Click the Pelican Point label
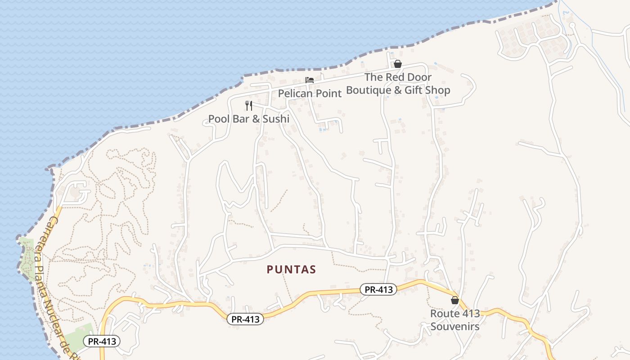[x=310, y=93]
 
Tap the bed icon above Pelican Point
[x=310, y=80]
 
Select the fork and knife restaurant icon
[x=248, y=106]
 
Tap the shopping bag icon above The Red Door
[x=397, y=64]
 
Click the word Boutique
[x=369, y=90]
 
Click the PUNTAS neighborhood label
[x=292, y=270]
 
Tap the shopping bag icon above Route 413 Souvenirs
[x=454, y=300]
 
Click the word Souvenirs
[x=454, y=326]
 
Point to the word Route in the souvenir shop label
[x=445, y=313]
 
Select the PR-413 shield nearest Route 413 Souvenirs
[x=378, y=289]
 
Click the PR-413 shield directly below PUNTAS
[x=245, y=319]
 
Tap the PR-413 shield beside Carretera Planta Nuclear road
[x=102, y=341]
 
